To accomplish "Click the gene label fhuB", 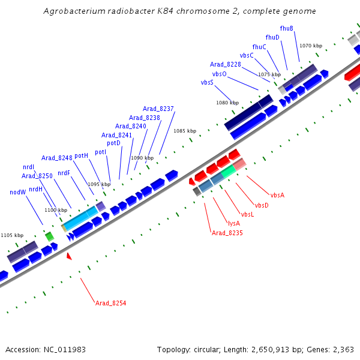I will click(287, 28).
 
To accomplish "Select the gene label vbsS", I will click(207, 82).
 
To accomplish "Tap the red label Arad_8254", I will click(110, 303).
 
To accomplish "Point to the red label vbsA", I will click(277, 195).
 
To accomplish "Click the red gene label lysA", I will click(234, 223).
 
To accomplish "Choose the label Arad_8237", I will click(159, 109).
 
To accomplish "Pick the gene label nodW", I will click(18, 192).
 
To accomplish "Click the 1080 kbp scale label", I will click(227, 103).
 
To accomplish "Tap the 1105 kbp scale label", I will click(12, 235).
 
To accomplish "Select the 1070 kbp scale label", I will click(311, 46).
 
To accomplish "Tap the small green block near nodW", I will click(49, 236).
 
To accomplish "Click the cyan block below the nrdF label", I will click(80, 219).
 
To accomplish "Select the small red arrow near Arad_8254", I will click(69, 256).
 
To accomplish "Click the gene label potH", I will click(82, 155).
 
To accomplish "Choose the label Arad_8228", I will click(226, 64).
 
